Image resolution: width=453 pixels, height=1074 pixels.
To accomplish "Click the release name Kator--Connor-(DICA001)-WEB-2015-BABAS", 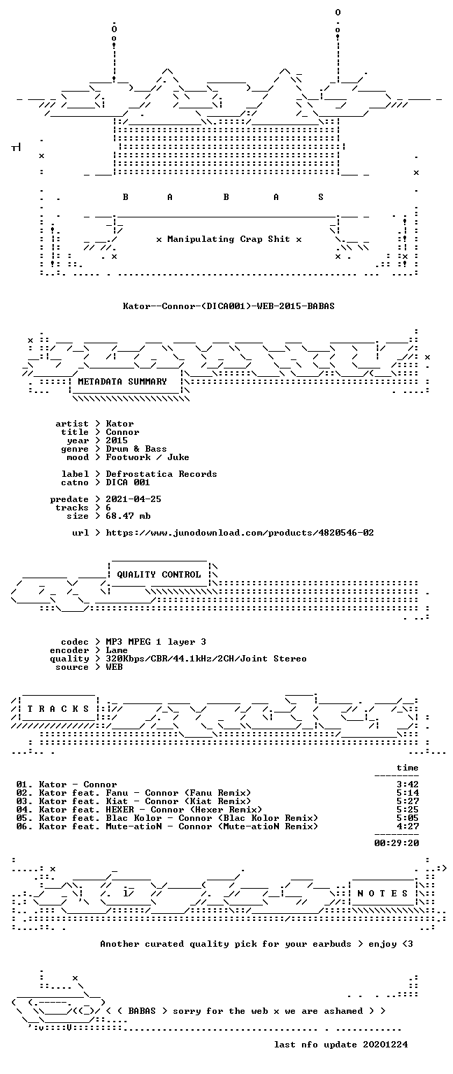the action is (x=229, y=306).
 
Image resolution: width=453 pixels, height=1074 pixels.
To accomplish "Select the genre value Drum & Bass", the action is (x=136, y=449).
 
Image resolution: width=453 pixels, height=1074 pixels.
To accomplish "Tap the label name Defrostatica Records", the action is (x=161, y=473).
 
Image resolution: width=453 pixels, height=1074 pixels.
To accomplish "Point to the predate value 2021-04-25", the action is (x=134, y=499).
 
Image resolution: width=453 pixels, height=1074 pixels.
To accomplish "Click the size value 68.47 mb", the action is (x=128, y=516).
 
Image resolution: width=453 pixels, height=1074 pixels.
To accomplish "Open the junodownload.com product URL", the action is (x=240, y=533).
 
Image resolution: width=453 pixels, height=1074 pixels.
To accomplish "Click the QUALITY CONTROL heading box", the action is (x=159, y=574).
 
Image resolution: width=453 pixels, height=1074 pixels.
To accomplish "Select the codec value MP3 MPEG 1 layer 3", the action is (x=156, y=642).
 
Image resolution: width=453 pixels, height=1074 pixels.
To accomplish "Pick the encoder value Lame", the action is (x=117, y=650).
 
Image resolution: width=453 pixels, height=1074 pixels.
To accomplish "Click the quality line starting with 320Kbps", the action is (x=206, y=659).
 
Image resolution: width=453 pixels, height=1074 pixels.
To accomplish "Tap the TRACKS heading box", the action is (x=59, y=708).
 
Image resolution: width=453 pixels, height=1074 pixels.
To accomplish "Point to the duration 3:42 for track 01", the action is (x=408, y=785).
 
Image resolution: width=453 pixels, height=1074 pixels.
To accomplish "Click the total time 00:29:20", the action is (x=396, y=843).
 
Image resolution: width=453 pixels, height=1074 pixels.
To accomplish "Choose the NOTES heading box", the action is (x=382, y=893).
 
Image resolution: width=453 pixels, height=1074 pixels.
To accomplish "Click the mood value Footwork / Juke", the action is (x=148, y=457).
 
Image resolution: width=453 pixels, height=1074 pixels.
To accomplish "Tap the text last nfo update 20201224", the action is (x=341, y=1044).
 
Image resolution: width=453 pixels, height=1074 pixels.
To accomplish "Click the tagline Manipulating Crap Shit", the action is (x=229, y=239).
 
